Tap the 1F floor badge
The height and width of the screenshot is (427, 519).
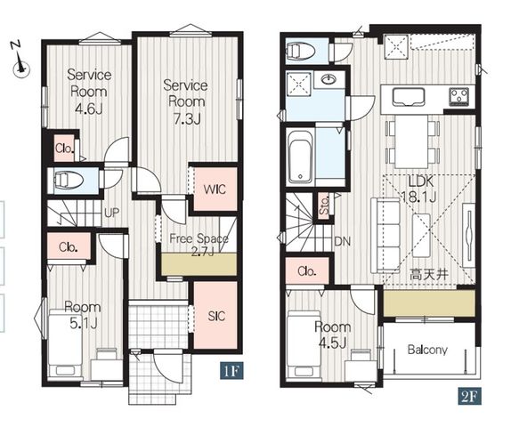click(231, 371)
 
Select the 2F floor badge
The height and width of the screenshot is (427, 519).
click(470, 396)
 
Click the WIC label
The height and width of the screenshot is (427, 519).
click(215, 189)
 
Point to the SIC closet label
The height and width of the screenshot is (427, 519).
click(216, 316)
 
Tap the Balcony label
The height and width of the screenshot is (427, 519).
click(427, 350)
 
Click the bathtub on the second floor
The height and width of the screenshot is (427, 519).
click(300, 156)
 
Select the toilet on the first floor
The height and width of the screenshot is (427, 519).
click(69, 181)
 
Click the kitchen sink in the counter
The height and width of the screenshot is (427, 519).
click(409, 97)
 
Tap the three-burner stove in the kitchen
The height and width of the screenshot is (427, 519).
click(458, 96)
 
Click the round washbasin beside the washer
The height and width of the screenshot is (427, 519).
click(328, 79)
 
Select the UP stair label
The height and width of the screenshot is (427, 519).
click(111, 213)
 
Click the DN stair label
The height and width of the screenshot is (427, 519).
click(343, 242)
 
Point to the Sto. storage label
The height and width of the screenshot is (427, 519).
click(325, 205)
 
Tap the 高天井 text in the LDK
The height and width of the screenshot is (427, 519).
click(429, 274)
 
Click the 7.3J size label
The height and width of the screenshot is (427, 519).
click(187, 118)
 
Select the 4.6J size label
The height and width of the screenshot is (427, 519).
click(89, 109)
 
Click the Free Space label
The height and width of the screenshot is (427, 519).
click(199, 238)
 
